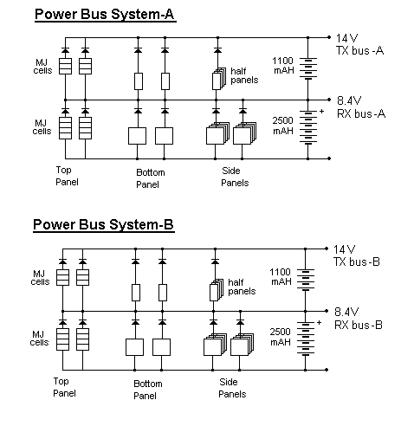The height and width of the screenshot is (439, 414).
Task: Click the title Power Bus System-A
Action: [x=105, y=15]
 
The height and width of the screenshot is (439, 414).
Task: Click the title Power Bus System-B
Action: [x=104, y=225]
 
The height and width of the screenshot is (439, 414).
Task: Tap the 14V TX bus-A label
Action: [x=359, y=44]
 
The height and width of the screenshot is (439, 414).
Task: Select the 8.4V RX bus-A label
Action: [x=361, y=107]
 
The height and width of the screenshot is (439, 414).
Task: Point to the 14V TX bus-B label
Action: [x=357, y=255]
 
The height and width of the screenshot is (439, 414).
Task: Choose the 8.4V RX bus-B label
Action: [x=359, y=319]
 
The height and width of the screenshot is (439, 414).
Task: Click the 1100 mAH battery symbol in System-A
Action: [x=308, y=68]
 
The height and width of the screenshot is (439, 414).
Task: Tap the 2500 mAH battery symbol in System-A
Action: [x=308, y=127]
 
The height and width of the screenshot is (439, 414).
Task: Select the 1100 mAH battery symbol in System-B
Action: [x=306, y=280]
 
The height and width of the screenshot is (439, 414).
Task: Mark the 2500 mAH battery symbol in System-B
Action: [x=306, y=339]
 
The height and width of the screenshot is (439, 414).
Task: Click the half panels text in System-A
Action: [x=244, y=75]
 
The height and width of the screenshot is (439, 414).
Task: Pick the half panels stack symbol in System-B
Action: [x=217, y=290]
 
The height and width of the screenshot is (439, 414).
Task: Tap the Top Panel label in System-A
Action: [x=67, y=176]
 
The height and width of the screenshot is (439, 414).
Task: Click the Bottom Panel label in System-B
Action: [x=148, y=390]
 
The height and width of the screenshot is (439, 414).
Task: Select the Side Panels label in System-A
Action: [x=235, y=177]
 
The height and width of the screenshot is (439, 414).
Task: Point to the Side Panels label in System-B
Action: [x=232, y=388]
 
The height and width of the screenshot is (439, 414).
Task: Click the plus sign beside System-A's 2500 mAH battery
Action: [x=321, y=112]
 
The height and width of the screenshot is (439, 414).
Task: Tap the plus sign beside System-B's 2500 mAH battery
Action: [x=319, y=323]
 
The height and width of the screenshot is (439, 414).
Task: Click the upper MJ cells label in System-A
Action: [x=42, y=67]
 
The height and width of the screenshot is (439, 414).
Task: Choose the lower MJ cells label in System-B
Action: [x=39, y=339]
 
